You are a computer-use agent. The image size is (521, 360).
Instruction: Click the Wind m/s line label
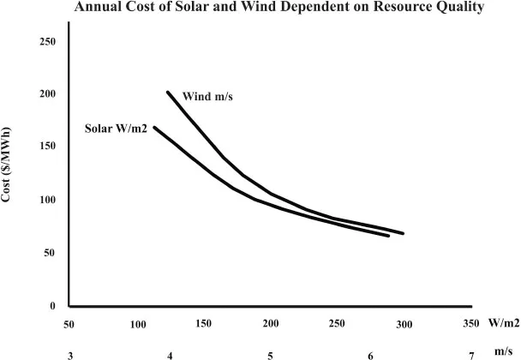208,96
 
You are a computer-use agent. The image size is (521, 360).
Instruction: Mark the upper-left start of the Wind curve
167,92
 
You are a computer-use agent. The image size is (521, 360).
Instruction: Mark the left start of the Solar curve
154,128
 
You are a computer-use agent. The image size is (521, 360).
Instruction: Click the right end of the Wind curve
403,233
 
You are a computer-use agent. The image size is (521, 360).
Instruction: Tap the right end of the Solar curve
389,235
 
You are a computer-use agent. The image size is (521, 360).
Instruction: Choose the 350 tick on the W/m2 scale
470,324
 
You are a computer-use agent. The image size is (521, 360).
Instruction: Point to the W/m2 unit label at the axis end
504,324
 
